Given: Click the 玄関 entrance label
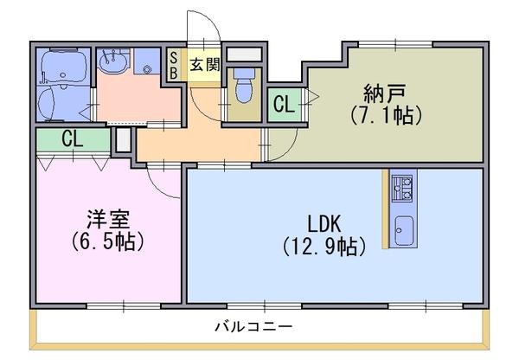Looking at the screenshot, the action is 204,65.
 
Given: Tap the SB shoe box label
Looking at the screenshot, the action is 173,65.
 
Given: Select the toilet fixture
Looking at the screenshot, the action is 244,85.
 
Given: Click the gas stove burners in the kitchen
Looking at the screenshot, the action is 402,188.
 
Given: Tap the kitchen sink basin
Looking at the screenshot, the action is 404,230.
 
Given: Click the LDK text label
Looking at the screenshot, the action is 324,224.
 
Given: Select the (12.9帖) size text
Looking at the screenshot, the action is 324,247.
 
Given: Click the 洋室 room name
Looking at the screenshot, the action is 108,219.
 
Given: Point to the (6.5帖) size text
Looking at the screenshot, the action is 108,242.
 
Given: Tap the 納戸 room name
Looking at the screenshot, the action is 385,93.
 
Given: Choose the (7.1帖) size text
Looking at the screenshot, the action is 385,116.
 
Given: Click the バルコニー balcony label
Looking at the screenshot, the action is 254,327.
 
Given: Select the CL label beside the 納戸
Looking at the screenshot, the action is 284,105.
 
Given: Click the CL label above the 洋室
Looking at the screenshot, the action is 72,139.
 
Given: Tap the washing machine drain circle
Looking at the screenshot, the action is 147,69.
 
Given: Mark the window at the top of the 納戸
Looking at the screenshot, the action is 395,44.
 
